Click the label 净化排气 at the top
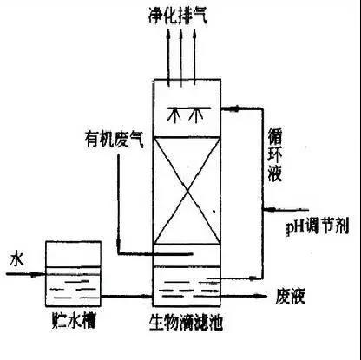click(178, 16)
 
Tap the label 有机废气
click(114, 140)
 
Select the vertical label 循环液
click(274, 155)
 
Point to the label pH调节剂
click(318, 226)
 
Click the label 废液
click(290, 296)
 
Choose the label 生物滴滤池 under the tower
click(186, 322)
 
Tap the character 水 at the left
click(16, 259)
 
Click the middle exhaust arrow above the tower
click(181, 58)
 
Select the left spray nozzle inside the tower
click(174, 115)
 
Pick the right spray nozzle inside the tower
click(195, 115)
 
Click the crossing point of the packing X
click(187, 191)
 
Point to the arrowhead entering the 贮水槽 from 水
click(35, 274)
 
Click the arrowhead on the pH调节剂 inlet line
click(271, 209)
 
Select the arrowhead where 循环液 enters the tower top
click(233, 108)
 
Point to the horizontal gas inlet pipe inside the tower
click(155, 254)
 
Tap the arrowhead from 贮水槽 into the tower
click(146, 296)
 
